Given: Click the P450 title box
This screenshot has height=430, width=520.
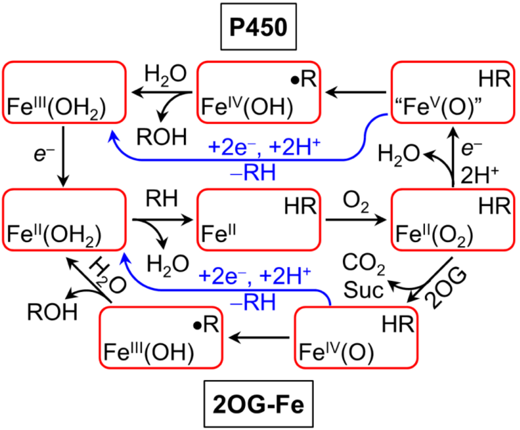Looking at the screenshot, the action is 259,27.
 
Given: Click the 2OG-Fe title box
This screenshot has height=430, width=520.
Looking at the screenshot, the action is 259,404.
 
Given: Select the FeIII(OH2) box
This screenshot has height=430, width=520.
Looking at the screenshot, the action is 64,92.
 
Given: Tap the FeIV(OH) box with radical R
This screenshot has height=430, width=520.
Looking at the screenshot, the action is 259,92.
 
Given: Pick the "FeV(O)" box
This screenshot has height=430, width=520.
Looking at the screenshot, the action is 453,92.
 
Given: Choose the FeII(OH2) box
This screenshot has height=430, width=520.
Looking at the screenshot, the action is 64,220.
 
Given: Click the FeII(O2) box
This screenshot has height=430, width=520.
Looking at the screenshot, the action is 453,220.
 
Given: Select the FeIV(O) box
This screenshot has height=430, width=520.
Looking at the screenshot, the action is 356,338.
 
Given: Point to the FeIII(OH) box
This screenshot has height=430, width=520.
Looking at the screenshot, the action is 161,338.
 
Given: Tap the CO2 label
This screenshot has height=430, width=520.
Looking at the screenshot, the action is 364,265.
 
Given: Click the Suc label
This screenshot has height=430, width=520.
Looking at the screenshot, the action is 363,290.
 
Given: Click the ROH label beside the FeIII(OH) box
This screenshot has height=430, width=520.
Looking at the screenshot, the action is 52,312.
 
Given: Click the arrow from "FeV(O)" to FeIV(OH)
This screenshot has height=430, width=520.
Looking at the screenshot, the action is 355,92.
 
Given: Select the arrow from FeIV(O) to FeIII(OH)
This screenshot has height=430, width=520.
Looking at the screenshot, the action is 259,338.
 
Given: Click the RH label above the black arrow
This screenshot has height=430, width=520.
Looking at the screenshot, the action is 162,198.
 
